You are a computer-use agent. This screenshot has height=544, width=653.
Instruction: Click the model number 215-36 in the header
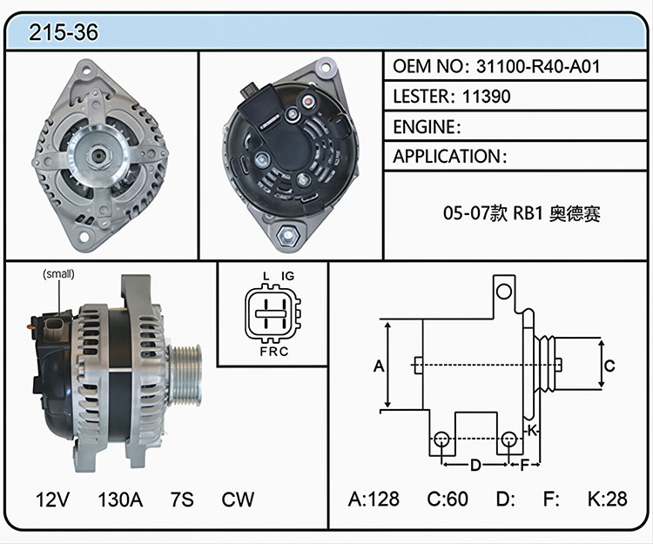point(64,32)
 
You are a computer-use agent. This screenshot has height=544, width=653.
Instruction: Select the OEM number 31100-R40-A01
point(538,67)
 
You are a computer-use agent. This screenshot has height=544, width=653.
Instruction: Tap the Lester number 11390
point(486,97)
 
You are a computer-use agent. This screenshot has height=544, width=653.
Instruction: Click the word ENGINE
point(424,127)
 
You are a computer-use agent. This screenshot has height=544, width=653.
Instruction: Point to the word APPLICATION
point(447,157)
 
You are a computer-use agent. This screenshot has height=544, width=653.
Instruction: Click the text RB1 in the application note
point(528,213)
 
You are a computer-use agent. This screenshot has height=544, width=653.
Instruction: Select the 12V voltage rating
point(52,500)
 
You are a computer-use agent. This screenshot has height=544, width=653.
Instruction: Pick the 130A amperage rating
point(120,500)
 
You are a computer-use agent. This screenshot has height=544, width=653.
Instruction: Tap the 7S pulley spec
point(182,500)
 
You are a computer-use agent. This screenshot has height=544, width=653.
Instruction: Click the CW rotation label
point(238,500)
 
